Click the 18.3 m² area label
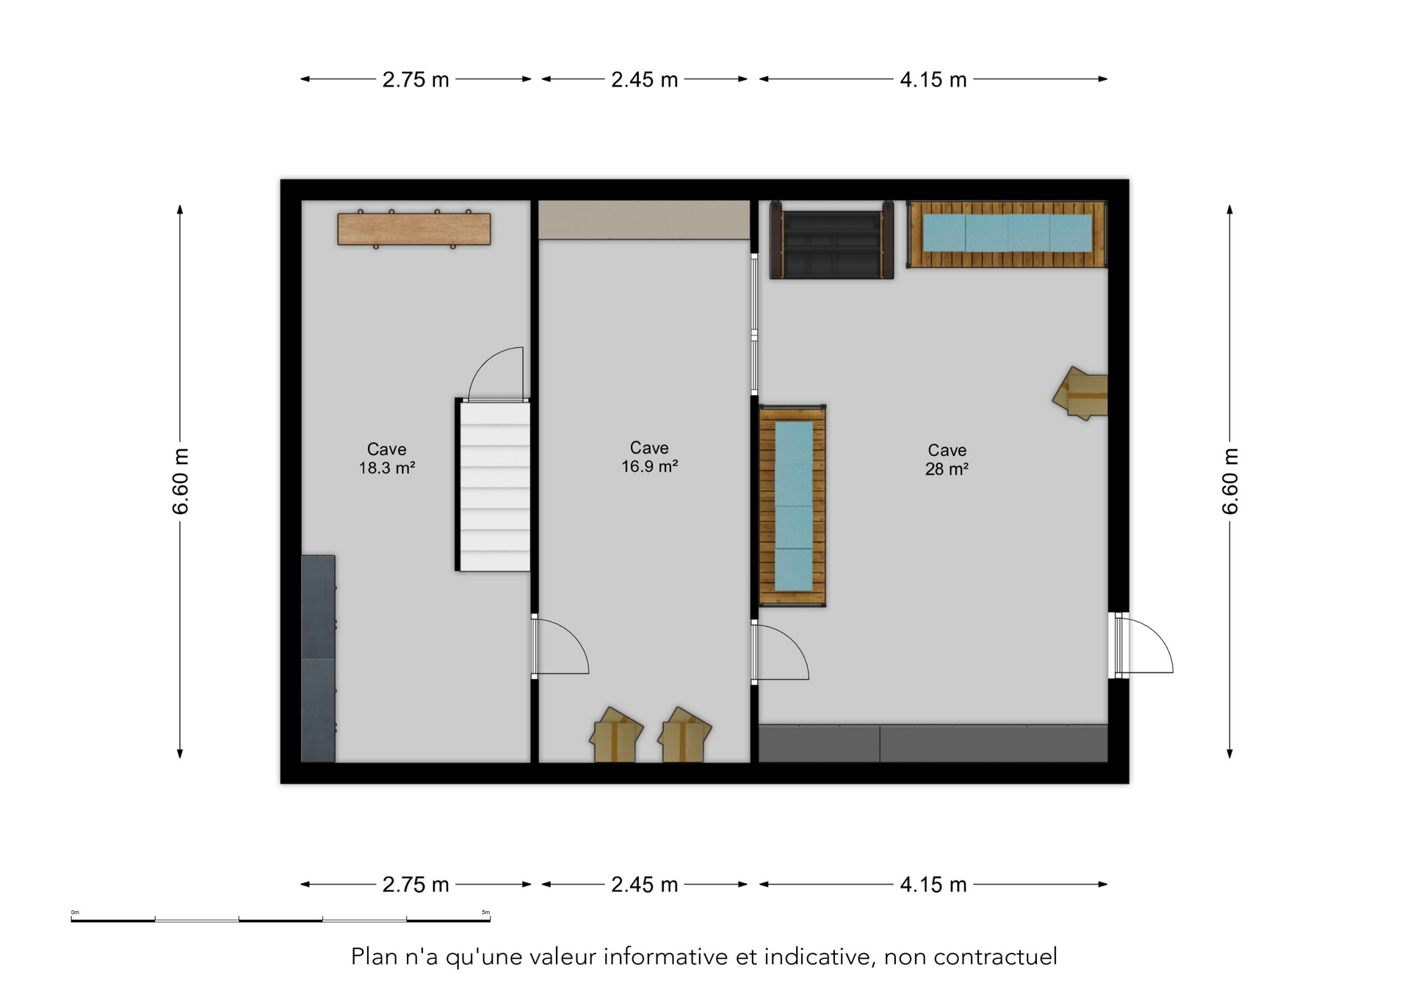[386, 468]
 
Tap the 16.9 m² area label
[649, 466]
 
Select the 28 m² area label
[947, 469]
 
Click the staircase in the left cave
[493, 485]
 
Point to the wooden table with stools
[414, 228]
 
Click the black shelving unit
[831, 240]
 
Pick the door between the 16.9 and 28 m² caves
[780, 652]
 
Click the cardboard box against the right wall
[1080, 394]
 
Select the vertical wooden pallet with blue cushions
[792, 506]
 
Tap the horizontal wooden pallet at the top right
[1007, 234]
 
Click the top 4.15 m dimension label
[933, 79]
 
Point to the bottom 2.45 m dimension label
[644, 885]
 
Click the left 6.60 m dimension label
[181, 481]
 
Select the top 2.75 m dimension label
[415, 79]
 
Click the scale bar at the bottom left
[281, 918]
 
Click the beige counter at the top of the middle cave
[644, 220]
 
